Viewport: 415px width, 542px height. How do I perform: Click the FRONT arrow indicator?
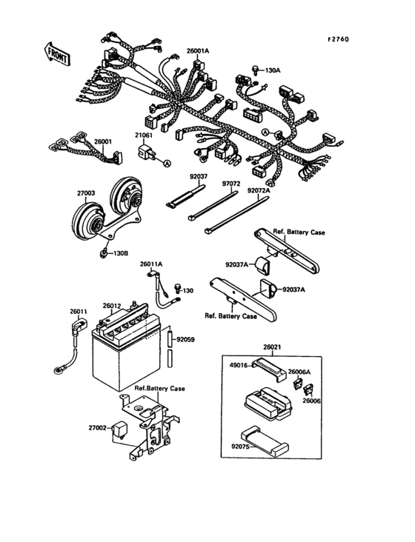click(57, 53)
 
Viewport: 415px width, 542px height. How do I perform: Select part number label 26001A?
click(198, 50)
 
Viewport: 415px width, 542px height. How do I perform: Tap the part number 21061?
click(144, 135)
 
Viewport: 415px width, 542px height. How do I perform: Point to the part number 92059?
click(186, 341)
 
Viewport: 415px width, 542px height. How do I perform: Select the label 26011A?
click(151, 264)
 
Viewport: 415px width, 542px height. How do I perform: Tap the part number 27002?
click(99, 427)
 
